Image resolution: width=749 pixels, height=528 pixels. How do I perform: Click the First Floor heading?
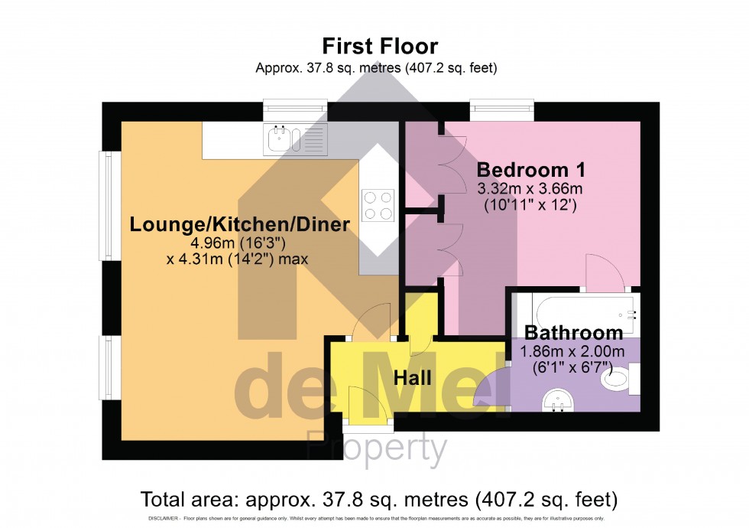coord(379,45)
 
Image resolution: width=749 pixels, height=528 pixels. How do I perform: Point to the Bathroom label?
coord(573,333)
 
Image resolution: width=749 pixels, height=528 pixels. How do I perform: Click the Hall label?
coord(413,377)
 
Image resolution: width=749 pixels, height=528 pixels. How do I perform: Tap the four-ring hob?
coord(378,205)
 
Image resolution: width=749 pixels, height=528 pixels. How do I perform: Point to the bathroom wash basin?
coord(556,399)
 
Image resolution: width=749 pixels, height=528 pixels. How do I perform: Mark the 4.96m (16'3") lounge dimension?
coord(238,243)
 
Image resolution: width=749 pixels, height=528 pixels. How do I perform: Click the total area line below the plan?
coord(378,500)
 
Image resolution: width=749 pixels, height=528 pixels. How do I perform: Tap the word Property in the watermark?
coord(376,448)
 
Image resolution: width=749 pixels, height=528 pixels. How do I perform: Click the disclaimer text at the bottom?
coord(374,520)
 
